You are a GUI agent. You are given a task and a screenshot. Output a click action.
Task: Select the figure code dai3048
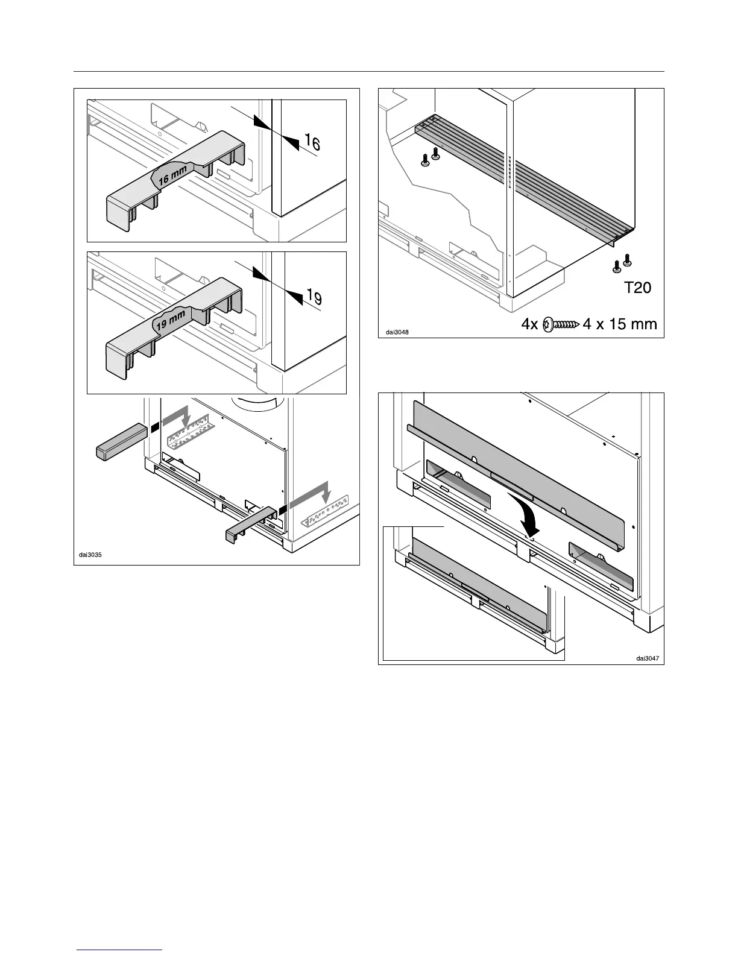click(x=397, y=332)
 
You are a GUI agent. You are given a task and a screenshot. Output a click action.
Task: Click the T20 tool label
click(x=637, y=288)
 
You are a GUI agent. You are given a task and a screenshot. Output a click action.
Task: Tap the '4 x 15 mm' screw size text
click(x=620, y=324)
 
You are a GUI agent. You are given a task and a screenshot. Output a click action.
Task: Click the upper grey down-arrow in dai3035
click(x=178, y=417)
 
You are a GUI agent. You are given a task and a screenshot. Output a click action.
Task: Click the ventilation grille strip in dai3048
click(x=525, y=178)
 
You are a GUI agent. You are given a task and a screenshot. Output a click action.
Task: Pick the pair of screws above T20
click(x=622, y=262)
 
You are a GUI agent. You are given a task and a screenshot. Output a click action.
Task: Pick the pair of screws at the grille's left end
click(x=430, y=159)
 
